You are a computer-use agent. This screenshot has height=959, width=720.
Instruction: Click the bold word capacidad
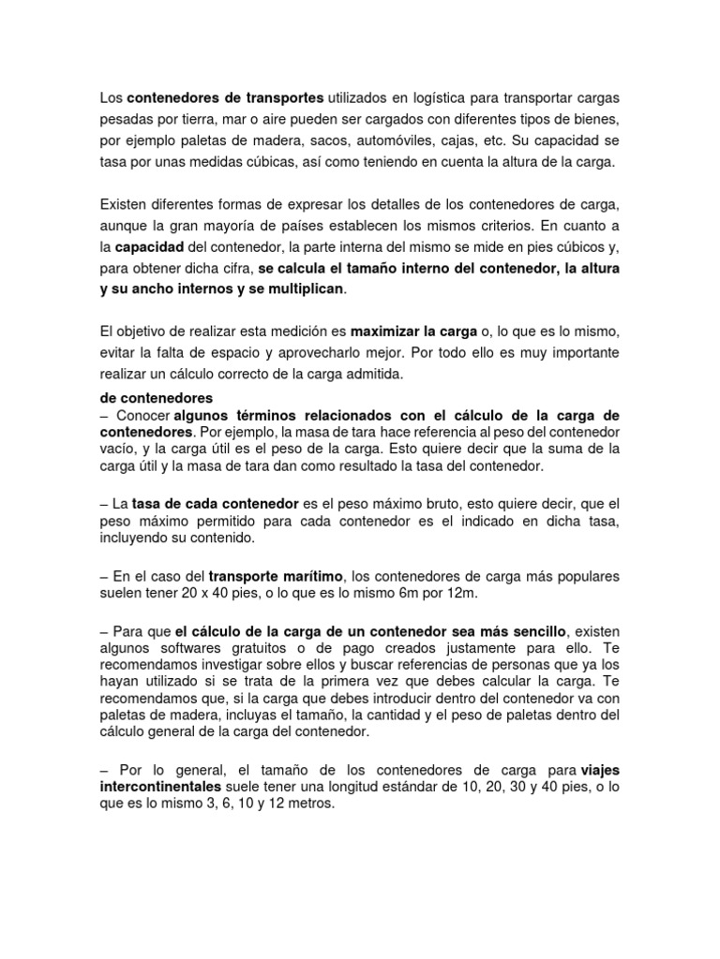point(149,247)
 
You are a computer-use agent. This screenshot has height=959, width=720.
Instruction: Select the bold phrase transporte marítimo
point(277,575)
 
